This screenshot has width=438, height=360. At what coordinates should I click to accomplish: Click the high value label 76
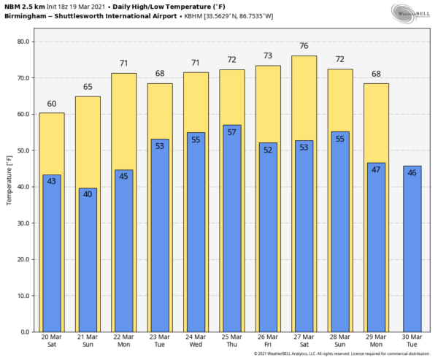point(304,46)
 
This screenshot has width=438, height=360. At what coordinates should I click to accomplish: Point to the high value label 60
point(51,104)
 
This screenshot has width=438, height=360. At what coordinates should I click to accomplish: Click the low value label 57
point(231,132)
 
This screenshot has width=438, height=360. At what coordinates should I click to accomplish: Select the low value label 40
point(87,195)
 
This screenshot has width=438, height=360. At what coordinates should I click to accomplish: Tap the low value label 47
point(376,169)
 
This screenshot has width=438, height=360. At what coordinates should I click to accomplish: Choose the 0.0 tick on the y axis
point(24,332)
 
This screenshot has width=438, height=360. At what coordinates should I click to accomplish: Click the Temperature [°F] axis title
point(9,180)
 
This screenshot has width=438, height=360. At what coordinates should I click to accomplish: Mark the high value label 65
point(87,87)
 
